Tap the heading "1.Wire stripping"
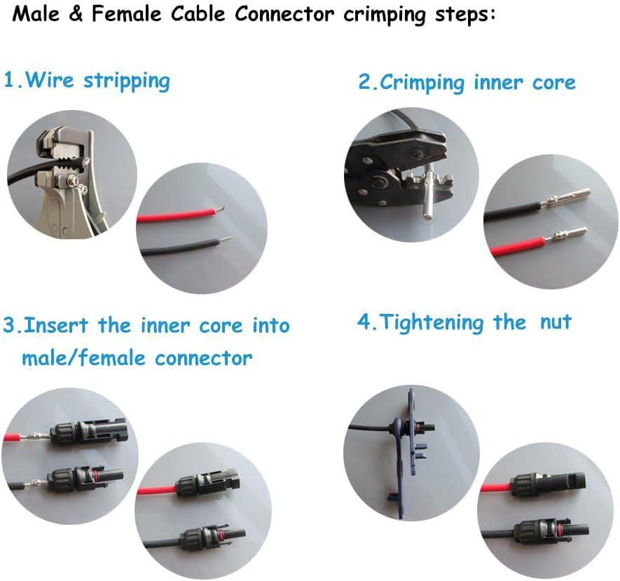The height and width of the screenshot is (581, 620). (87, 80)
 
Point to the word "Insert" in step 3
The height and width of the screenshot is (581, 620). (59, 326)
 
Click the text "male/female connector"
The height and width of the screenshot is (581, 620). (137, 358)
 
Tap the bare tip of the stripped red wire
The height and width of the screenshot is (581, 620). (219, 209)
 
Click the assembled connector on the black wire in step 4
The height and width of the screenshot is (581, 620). (554, 528)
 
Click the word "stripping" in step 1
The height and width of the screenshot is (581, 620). (127, 80)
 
